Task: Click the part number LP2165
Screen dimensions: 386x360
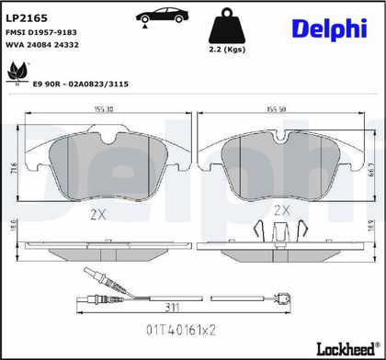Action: pyautogui.click(x=27, y=18)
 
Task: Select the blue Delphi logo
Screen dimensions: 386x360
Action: pyautogui.click(x=329, y=29)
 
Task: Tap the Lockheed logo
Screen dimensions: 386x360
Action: pyautogui.click(x=347, y=349)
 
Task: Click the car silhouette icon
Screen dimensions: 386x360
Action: pyautogui.click(x=162, y=17)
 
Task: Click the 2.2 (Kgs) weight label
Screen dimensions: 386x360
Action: pyautogui.click(x=227, y=50)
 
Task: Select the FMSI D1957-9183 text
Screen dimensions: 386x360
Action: pyautogui.click(x=41, y=32)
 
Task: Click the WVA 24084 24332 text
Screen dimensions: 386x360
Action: pyautogui.click(x=42, y=45)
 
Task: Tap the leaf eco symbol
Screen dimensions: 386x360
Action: pyautogui.click(x=17, y=73)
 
